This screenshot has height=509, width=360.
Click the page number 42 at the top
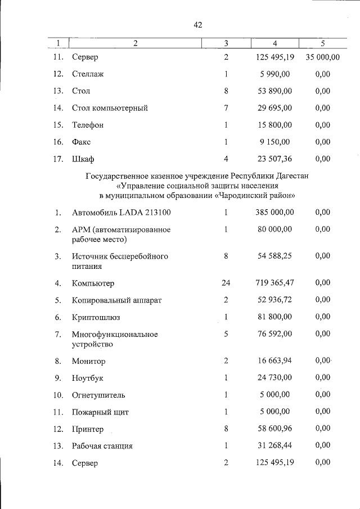(x=197, y=25)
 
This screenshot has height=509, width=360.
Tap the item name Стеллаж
(x=88, y=74)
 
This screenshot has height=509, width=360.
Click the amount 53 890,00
(x=273, y=91)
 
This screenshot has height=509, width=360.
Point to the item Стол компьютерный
(x=110, y=107)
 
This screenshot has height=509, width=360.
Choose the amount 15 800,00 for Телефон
(x=273, y=124)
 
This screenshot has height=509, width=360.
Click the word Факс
(x=82, y=142)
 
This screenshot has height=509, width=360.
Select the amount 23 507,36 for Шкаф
(x=273, y=159)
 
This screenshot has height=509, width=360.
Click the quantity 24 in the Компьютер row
(x=226, y=283)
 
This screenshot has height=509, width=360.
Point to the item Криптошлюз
(x=96, y=317)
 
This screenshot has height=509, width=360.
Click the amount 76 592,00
(x=273, y=334)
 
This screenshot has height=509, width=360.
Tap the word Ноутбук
(x=88, y=379)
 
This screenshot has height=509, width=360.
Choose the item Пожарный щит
(x=100, y=412)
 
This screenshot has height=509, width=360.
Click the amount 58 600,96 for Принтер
(x=273, y=429)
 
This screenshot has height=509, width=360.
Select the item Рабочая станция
(x=102, y=446)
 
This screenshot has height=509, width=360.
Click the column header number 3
(x=226, y=43)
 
